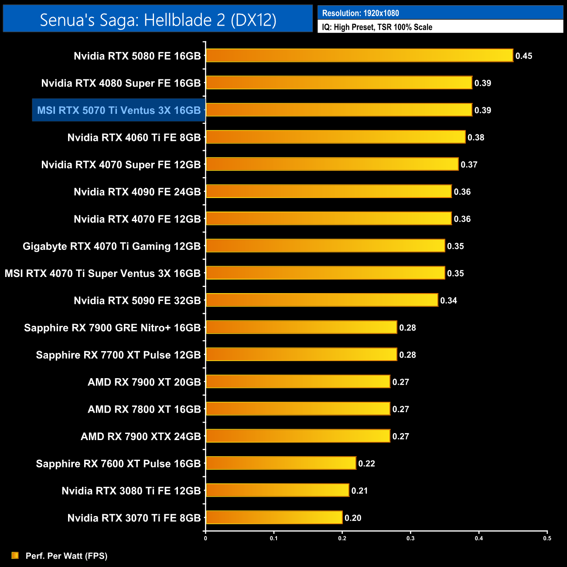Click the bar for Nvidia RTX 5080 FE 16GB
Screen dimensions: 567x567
pyautogui.click(x=359, y=55)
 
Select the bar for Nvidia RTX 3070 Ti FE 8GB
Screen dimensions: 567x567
pyautogui.click(x=274, y=518)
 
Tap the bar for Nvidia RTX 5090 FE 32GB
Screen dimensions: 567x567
pyautogui.click(x=322, y=300)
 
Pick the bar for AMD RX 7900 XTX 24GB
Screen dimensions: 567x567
pyautogui.click(x=298, y=436)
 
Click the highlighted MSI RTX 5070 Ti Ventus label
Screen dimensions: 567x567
pyautogui.click(x=119, y=110)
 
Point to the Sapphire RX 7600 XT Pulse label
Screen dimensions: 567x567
pyautogui.click(x=118, y=464)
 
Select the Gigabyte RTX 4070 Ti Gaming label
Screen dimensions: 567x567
pyautogui.click(x=112, y=246)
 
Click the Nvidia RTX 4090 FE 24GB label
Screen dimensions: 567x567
pyautogui.click(x=137, y=192)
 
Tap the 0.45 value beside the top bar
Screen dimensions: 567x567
pyautogui.click(x=524, y=56)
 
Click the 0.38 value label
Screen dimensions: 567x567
pyautogui.click(x=476, y=137)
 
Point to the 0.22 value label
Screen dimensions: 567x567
pyautogui.click(x=366, y=464)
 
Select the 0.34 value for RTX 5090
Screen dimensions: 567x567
pyautogui.click(x=448, y=301)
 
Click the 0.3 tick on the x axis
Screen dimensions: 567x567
pyautogui.click(x=410, y=538)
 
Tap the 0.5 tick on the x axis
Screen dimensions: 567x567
pyautogui.click(x=547, y=538)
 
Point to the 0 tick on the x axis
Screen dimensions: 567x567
pyautogui.click(x=205, y=538)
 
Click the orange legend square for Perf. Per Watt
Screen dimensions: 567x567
pyautogui.click(x=15, y=555)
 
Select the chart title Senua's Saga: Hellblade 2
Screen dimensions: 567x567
pyautogui.click(x=158, y=20)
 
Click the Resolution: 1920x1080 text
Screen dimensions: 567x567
pyautogui.click(x=360, y=13)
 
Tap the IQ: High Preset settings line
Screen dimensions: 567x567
pyautogui.click(x=377, y=27)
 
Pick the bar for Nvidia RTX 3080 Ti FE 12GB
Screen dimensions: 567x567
pyautogui.click(x=277, y=490)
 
